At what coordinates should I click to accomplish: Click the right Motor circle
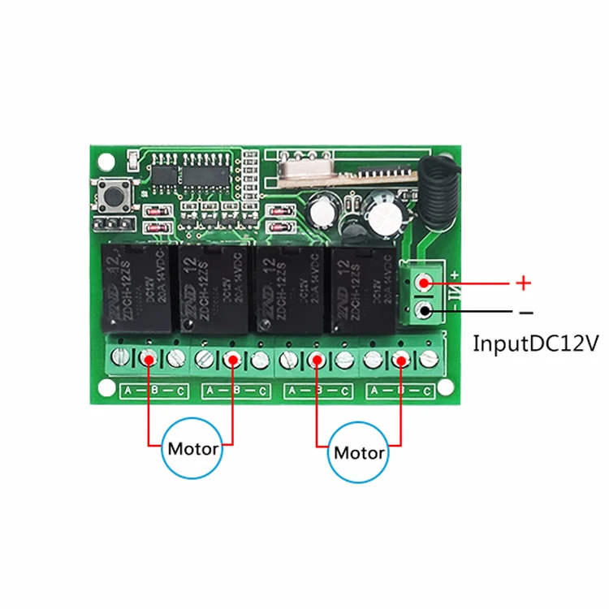point(358,451)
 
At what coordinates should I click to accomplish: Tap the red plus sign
point(524,283)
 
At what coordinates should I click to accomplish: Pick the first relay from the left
point(136,289)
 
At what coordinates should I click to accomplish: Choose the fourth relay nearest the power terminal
point(365,289)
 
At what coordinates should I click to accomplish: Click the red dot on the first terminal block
point(149,358)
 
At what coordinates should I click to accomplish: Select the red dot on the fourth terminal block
point(400,358)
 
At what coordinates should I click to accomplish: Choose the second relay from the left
point(213,289)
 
